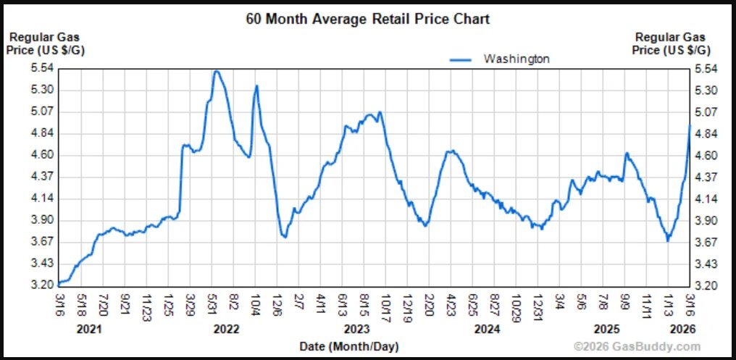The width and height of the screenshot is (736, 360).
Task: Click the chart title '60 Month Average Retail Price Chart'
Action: pyautogui.click(x=368, y=19)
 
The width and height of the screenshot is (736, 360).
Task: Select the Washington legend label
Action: pyautogui.click(x=517, y=59)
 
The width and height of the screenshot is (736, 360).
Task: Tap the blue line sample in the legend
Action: pyautogui.click(x=462, y=59)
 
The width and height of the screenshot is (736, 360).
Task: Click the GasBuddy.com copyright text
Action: pyautogui.click(x=637, y=346)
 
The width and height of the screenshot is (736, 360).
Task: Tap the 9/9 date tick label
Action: pyautogui.click(x=627, y=301)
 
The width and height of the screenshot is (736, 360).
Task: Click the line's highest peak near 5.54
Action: pyautogui.click(x=216, y=71)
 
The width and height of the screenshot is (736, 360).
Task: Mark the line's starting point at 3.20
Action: pyautogui.click(x=59, y=284)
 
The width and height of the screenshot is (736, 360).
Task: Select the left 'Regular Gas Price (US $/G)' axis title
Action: pyautogui.click(x=43, y=43)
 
